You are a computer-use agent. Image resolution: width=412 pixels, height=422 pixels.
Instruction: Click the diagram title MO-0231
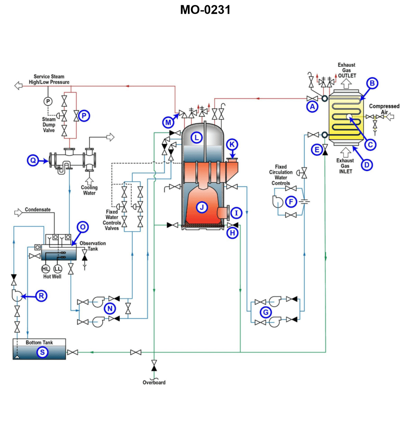coord(205,10)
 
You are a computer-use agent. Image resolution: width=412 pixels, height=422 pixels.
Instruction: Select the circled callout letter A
coord(312,107)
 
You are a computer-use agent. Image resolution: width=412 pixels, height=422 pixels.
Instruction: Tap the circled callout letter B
coord(372,83)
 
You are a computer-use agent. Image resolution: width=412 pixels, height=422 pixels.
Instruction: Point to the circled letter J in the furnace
coord(202,207)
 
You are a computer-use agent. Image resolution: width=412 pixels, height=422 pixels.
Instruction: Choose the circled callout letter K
coord(232,144)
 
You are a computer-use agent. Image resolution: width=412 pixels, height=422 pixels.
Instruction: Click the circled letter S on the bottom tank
coord(42,352)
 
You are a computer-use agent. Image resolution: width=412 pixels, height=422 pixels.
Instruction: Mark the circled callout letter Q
coord(33,160)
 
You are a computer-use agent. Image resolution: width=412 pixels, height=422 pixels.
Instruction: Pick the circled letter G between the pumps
coord(266,312)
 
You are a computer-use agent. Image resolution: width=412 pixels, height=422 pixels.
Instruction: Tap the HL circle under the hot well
coord(46,269)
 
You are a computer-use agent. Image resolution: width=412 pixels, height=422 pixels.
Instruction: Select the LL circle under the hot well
coord(58,269)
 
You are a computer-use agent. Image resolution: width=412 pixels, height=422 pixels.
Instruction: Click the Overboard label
coord(154,383)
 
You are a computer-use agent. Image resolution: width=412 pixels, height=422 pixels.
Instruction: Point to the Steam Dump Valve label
coord(49,125)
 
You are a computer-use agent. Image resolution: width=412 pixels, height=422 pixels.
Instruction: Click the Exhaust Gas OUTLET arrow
coord(346,83)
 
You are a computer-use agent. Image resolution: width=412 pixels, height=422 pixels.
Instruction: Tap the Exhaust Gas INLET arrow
coord(346,152)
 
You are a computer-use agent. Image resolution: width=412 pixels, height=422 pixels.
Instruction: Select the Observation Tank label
coord(92,246)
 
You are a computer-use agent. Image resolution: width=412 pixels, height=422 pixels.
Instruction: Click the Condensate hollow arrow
coord(18,213)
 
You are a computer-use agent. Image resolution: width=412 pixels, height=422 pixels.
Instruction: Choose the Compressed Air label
coord(384,109)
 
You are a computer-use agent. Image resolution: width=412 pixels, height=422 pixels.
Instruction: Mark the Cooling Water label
coord(89,190)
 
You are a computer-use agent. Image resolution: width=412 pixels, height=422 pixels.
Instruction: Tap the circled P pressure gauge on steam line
coord(48,101)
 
